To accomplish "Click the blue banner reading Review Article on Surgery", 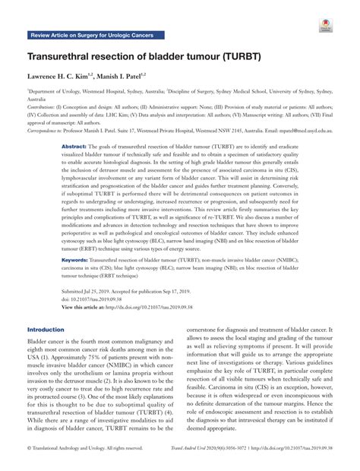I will (91, 36).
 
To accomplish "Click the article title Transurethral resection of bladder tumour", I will (142, 58).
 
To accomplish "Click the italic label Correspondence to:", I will (48, 130).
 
